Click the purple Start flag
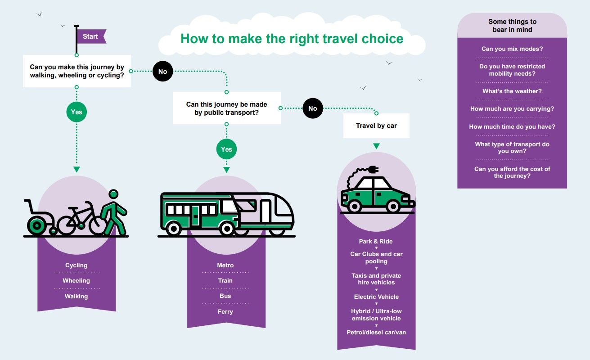tap(91, 36)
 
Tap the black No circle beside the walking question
tap(162, 72)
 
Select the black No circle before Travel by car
tap(313, 108)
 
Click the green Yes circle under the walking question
tap(77, 112)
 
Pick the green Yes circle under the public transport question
tap(226, 149)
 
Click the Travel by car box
tap(376, 126)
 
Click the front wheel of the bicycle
tap(97, 224)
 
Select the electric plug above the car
tap(372, 170)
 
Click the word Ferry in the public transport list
tap(225, 311)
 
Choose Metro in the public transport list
tap(225, 265)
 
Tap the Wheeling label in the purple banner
tap(77, 281)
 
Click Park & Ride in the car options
tap(376, 242)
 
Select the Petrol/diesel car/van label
tap(376, 333)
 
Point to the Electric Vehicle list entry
tap(376, 297)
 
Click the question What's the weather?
tap(512, 91)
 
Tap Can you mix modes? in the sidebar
tap(512, 49)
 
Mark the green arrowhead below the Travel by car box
tap(376, 146)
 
